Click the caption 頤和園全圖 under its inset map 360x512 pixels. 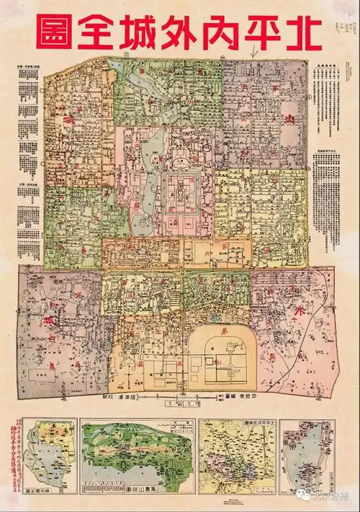click(x=47, y=489)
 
